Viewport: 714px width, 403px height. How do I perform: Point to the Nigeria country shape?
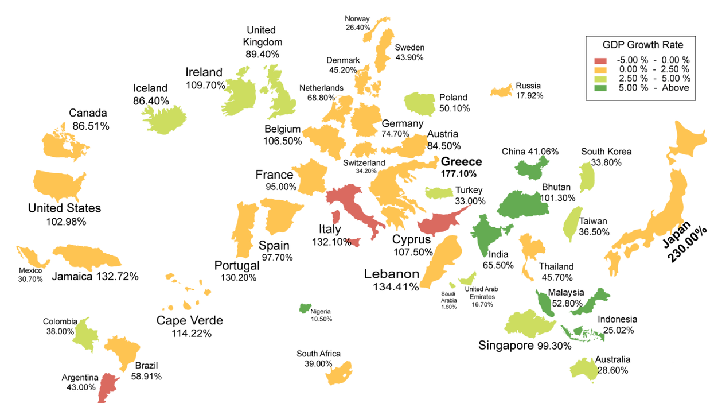tap(304, 308)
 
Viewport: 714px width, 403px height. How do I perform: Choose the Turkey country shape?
tap(439, 192)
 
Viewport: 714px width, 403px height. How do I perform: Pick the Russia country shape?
tap(502, 91)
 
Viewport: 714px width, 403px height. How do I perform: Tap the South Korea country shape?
tap(586, 177)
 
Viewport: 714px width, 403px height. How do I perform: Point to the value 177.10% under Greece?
tap(459, 173)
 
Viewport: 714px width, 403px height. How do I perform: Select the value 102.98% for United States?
tap(64, 222)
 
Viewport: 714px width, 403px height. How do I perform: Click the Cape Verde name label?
tap(190, 320)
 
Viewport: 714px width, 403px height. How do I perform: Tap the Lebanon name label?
tap(392, 274)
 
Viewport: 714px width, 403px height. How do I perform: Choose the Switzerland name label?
tap(364, 163)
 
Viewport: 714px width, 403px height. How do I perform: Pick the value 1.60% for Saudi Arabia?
tap(449, 307)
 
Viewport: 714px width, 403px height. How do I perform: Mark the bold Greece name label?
tap(461, 162)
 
